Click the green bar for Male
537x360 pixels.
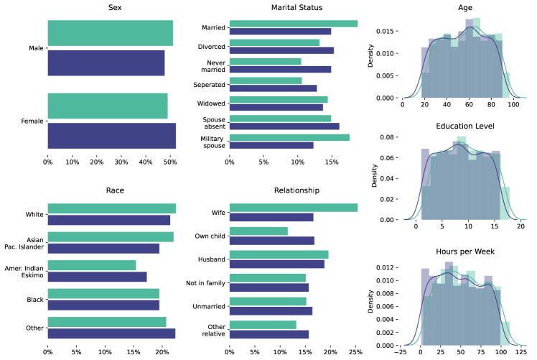tap(110, 33)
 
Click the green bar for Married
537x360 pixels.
tap(293, 24)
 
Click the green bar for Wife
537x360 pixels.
tap(293, 208)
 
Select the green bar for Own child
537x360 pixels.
tap(258, 231)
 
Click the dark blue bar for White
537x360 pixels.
tap(109, 220)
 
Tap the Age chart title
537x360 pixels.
tap(459, 7)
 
